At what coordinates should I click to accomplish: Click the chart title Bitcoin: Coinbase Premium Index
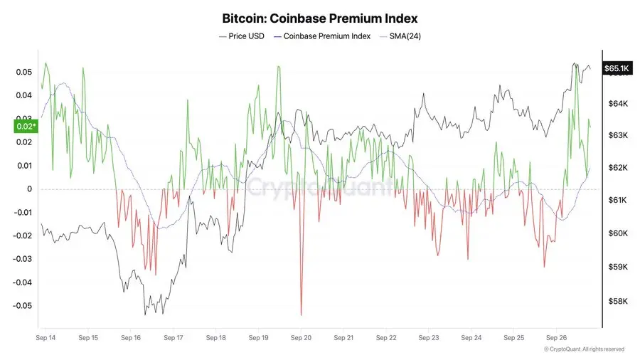[x=319, y=18]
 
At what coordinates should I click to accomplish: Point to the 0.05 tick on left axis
[x=23, y=73]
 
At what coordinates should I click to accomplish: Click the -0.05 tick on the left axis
[x=22, y=306]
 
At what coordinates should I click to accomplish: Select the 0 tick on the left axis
[x=30, y=189]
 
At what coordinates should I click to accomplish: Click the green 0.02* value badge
[x=24, y=127]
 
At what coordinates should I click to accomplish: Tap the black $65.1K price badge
[x=616, y=68]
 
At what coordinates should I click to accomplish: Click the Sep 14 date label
[x=46, y=339]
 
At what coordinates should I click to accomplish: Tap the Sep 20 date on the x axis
[x=301, y=339]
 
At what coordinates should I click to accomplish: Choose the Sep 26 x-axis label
[x=556, y=339]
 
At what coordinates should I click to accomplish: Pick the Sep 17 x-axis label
[x=174, y=339]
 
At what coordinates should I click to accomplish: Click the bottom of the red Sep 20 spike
[x=301, y=314]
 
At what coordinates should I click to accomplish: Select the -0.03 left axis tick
[x=22, y=259]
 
